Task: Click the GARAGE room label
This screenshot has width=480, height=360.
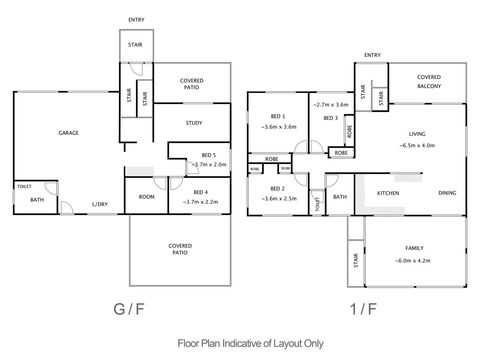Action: (x=69, y=133)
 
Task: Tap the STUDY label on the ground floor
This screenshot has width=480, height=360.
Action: (x=194, y=123)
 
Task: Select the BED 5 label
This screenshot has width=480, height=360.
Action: (x=209, y=155)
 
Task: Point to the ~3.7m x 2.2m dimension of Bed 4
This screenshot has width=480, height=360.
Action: (x=200, y=202)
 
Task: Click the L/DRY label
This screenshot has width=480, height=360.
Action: (x=100, y=204)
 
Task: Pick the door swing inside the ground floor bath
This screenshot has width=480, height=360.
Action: (x=51, y=189)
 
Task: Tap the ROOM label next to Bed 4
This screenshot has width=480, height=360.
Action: (x=147, y=197)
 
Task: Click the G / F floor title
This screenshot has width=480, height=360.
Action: (x=129, y=309)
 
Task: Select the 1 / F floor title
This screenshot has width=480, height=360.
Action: (x=363, y=309)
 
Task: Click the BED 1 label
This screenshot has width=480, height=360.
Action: (x=278, y=116)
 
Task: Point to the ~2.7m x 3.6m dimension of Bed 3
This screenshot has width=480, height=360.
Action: (x=331, y=105)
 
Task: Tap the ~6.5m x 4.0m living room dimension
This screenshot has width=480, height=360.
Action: (x=417, y=145)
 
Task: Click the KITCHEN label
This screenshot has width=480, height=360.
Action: (x=388, y=193)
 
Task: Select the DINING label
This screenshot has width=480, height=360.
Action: (x=447, y=193)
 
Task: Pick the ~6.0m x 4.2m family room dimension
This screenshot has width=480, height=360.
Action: (x=413, y=261)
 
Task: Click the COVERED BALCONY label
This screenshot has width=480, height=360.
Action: (x=429, y=82)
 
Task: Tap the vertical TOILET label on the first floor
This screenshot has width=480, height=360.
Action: (x=317, y=204)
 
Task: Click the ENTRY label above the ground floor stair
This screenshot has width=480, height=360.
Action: (x=136, y=20)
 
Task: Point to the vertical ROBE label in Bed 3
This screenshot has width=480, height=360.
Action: (x=349, y=131)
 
